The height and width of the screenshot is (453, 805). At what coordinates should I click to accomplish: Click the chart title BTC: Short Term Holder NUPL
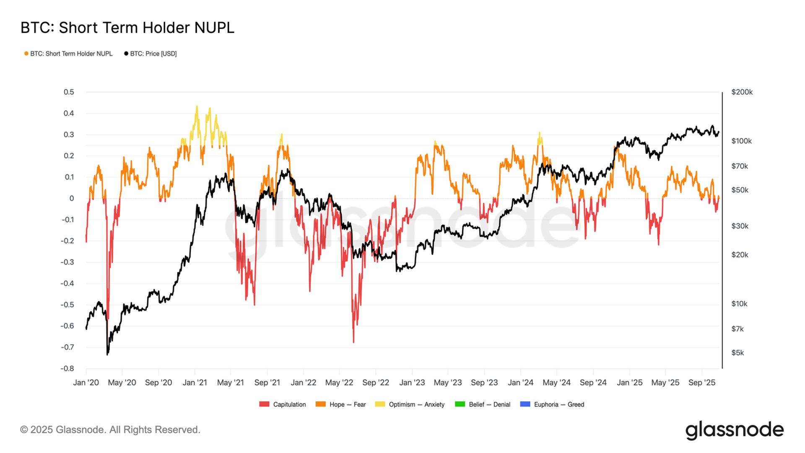click(x=127, y=28)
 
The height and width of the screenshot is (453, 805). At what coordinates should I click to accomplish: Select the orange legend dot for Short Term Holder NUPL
click(x=26, y=54)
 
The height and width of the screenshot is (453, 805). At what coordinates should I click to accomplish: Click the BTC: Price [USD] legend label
click(x=153, y=54)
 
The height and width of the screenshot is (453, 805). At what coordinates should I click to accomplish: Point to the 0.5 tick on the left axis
click(x=69, y=92)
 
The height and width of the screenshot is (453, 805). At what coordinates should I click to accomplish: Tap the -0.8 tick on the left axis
click(x=67, y=369)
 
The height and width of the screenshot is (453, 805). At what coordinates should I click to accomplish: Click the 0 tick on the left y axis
click(x=72, y=198)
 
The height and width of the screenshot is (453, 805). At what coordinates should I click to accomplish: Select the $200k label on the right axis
click(x=742, y=92)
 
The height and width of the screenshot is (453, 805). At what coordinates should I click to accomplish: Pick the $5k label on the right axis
click(x=737, y=353)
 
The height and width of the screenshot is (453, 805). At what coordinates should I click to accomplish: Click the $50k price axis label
click(x=740, y=190)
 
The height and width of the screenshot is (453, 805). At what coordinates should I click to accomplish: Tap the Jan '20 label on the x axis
click(x=86, y=383)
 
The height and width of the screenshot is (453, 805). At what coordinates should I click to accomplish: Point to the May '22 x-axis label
click(x=339, y=383)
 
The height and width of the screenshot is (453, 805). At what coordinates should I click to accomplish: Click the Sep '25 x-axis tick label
click(x=701, y=383)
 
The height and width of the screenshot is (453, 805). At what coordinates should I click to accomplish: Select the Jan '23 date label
click(x=412, y=383)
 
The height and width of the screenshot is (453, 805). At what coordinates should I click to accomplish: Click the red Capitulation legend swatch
click(x=264, y=404)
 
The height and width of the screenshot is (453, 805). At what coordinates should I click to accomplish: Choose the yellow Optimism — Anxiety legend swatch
click(x=380, y=404)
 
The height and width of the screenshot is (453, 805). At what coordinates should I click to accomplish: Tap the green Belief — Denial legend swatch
click(x=460, y=404)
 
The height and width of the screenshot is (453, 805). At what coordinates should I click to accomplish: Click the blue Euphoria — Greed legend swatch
click(x=525, y=404)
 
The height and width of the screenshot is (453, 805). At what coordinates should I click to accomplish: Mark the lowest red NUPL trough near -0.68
click(x=353, y=342)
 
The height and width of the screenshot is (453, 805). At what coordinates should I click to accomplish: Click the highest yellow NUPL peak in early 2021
click(x=197, y=107)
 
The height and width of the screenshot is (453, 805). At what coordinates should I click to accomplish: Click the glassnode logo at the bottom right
click(x=734, y=430)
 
